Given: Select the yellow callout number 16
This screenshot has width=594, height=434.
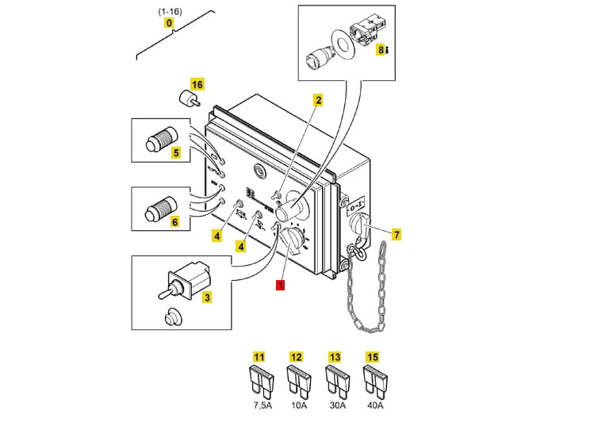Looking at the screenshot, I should coord(197,85).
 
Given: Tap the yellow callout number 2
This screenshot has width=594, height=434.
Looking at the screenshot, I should coord(319,100).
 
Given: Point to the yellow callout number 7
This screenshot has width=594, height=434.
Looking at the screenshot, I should coord(397,234).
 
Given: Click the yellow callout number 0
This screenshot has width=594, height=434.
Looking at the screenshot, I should coord(169,23).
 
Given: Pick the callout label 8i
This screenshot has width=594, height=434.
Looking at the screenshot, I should coord(381,49).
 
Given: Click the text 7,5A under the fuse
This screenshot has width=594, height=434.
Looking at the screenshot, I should coord(260,405).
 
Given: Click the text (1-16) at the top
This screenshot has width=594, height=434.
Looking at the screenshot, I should coord(169,10).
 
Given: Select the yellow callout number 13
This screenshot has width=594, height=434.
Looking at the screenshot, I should coord(334,357).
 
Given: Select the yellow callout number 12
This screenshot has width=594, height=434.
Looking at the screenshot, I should coord(296,357).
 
